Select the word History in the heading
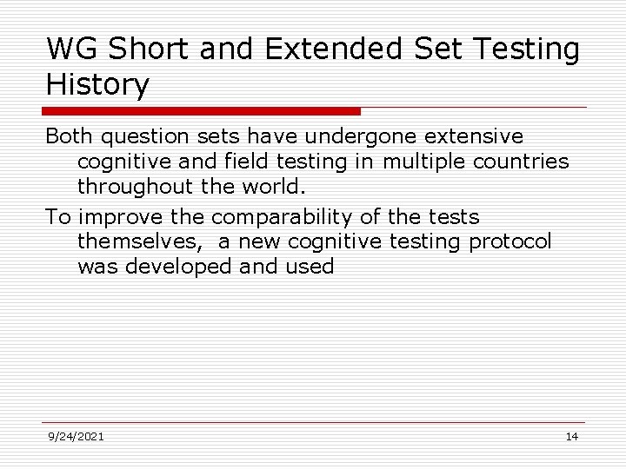pos(97,85)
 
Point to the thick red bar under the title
pos(201,111)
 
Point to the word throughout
pos(132,187)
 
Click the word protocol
pos(510,241)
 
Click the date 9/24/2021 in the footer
pos(76,436)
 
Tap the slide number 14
pos(571,436)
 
